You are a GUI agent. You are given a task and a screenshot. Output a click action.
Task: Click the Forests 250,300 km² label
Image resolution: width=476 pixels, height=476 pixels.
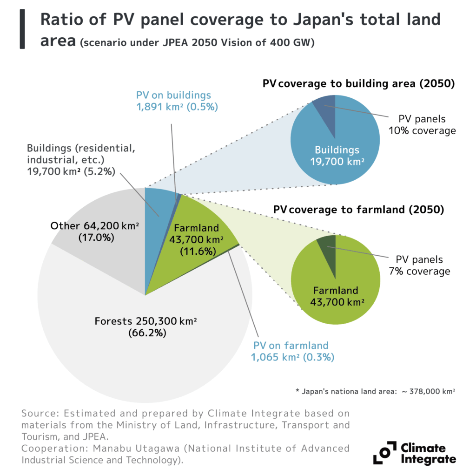(145, 327)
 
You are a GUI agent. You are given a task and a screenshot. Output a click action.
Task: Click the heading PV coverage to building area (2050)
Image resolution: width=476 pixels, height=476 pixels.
(358, 84)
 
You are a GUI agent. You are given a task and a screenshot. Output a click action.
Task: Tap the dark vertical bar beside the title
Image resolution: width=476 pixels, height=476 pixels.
(22, 29)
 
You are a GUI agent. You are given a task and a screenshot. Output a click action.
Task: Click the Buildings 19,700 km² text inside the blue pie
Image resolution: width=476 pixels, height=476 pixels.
(337, 156)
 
